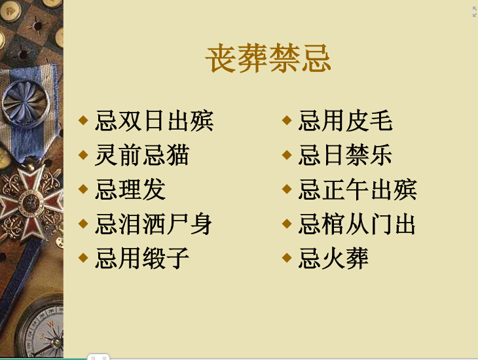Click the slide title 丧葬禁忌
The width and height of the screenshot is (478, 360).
(x=268, y=58)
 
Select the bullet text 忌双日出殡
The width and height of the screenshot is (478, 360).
(x=155, y=120)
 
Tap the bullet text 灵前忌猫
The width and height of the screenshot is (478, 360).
(x=142, y=155)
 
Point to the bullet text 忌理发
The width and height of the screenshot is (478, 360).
(x=130, y=190)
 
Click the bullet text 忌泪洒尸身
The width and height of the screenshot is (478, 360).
(x=154, y=224)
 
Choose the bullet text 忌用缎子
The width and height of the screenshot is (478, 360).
(x=142, y=259)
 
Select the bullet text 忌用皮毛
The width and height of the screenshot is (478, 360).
(x=346, y=120)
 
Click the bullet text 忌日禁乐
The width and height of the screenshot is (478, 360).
(x=345, y=155)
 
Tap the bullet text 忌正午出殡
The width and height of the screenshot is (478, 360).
(x=358, y=190)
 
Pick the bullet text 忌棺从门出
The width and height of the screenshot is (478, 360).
(x=357, y=224)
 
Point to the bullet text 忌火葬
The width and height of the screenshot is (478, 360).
(x=333, y=259)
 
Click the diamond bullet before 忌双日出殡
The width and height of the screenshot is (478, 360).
(x=83, y=120)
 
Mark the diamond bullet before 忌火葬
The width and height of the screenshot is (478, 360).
(x=287, y=258)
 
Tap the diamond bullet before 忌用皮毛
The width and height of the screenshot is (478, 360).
(x=287, y=120)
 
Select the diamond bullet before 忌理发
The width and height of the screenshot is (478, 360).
(x=83, y=189)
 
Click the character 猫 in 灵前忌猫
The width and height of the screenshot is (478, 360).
(x=178, y=155)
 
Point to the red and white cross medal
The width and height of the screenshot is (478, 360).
(x=31, y=203)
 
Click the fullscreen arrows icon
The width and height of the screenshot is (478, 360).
(x=474, y=12)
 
